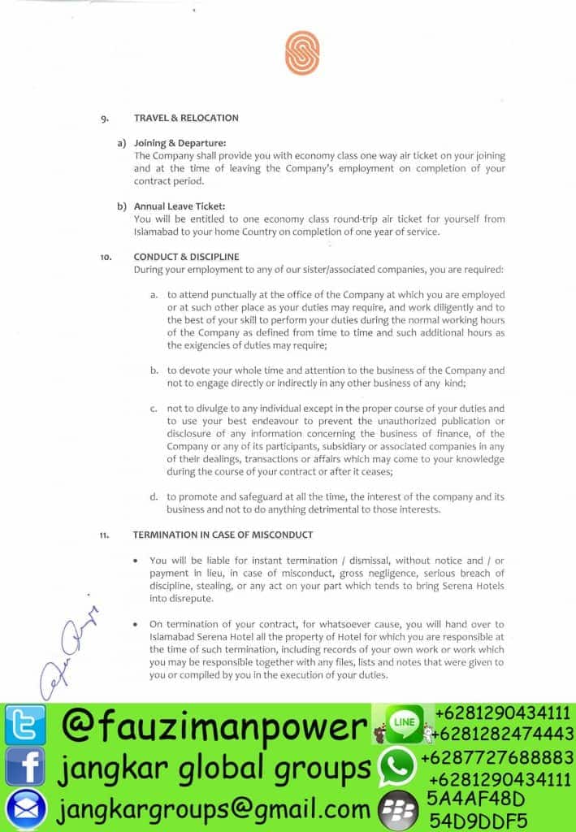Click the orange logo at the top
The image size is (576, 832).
pos(301,53)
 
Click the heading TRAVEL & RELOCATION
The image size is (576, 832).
pos(186,118)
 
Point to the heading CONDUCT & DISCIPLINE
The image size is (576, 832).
pos(186,257)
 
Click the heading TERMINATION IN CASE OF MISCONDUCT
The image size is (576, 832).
pos(223,534)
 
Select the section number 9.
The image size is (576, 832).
pos(105,119)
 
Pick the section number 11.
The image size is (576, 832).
pos(105,535)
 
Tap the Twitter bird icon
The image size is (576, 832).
pos(24,725)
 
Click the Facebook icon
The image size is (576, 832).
pos(24,765)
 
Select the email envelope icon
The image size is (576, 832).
pos(24,808)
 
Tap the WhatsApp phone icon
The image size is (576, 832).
pos(396,765)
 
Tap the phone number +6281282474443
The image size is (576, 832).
pos(502,734)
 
